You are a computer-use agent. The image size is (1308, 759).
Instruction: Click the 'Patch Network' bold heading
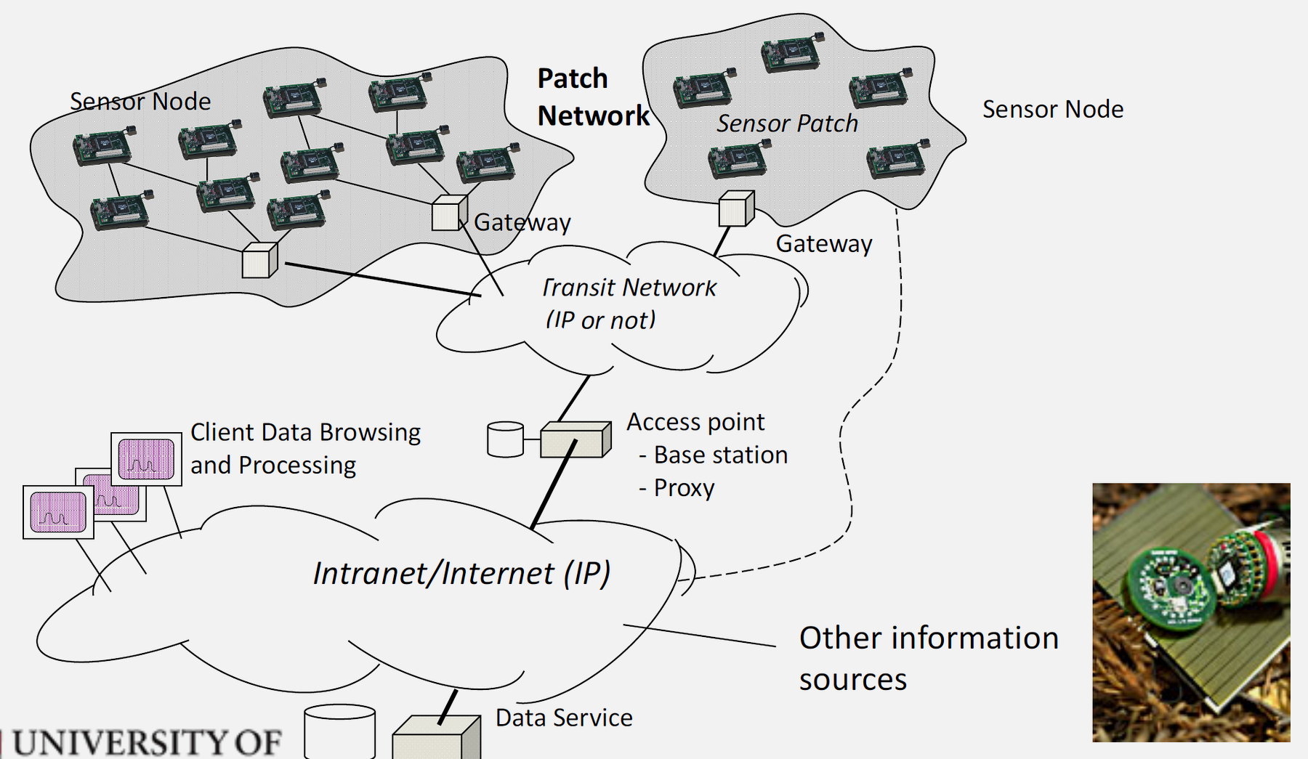[x=592, y=97]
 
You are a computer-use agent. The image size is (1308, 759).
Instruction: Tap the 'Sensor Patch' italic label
[x=787, y=123]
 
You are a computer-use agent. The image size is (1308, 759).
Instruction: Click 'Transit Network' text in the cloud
[x=629, y=288]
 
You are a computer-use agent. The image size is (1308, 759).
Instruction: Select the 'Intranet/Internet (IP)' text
[x=461, y=573]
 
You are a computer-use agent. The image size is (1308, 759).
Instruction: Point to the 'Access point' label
[x=695, y=422]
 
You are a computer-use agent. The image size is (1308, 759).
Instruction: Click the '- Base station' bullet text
[x=713, y=455]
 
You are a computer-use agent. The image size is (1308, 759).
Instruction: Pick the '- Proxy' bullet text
[x=677, y=487]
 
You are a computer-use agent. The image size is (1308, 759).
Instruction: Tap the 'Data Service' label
[x=564, y=718]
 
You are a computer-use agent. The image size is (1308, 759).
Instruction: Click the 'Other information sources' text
[x=928, y=657]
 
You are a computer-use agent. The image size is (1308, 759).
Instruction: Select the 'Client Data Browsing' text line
[x=305, y=432]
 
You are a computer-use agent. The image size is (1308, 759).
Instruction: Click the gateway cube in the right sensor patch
[x=735, y=209]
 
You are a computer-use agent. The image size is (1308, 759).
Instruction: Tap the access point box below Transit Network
[x=575, y=440]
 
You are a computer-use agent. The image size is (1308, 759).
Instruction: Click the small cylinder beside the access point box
[x=505, y=439]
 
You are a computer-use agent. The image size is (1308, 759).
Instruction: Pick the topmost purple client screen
[x=146, y=460]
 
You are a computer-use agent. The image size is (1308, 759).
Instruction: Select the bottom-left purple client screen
[x=58, y=512]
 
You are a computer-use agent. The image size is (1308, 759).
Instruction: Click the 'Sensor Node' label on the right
[x=1052, y=110]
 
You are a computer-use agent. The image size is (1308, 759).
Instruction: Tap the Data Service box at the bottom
[x=435, y=739]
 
